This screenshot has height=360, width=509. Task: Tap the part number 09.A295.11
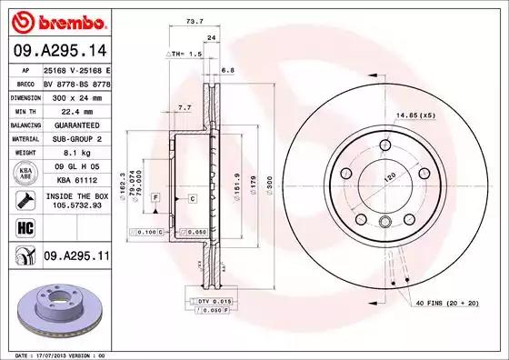(75, 257)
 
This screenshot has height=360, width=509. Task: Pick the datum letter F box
(155, 197)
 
